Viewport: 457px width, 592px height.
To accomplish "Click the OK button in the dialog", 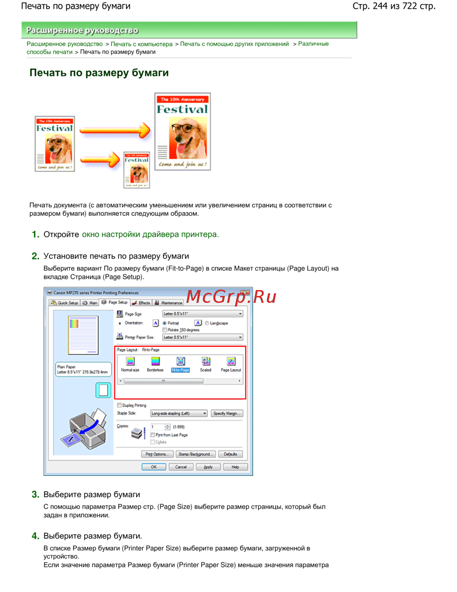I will (x=154, y=467).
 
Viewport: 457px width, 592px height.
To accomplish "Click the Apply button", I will (x=208, y=467).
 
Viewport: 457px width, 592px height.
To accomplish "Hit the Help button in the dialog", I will (x=235, y=467).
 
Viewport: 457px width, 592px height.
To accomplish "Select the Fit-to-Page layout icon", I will (x=181, y=362).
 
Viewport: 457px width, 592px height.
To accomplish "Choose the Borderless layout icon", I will (x=155, y=362).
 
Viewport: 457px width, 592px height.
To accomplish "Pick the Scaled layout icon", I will (x=206, y=362).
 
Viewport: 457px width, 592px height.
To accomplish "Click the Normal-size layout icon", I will (x=130, y=362).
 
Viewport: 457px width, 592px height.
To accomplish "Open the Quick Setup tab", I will (x=64, y=303).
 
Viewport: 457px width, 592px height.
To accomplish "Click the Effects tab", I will (x=141, y=303).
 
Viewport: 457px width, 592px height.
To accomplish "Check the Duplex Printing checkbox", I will (x=119, y=405).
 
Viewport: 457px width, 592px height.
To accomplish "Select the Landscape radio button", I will (x=207, y=323).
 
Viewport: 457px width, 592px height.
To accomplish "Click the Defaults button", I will (x=230, y=454).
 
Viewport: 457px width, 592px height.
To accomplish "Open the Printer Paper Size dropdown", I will (x=202, y=338).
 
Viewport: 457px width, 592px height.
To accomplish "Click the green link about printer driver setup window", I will (x=150, y=235).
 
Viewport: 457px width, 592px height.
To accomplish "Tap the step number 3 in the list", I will (x=35, y=495).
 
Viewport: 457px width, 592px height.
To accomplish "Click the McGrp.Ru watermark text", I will (x=231, y=297).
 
